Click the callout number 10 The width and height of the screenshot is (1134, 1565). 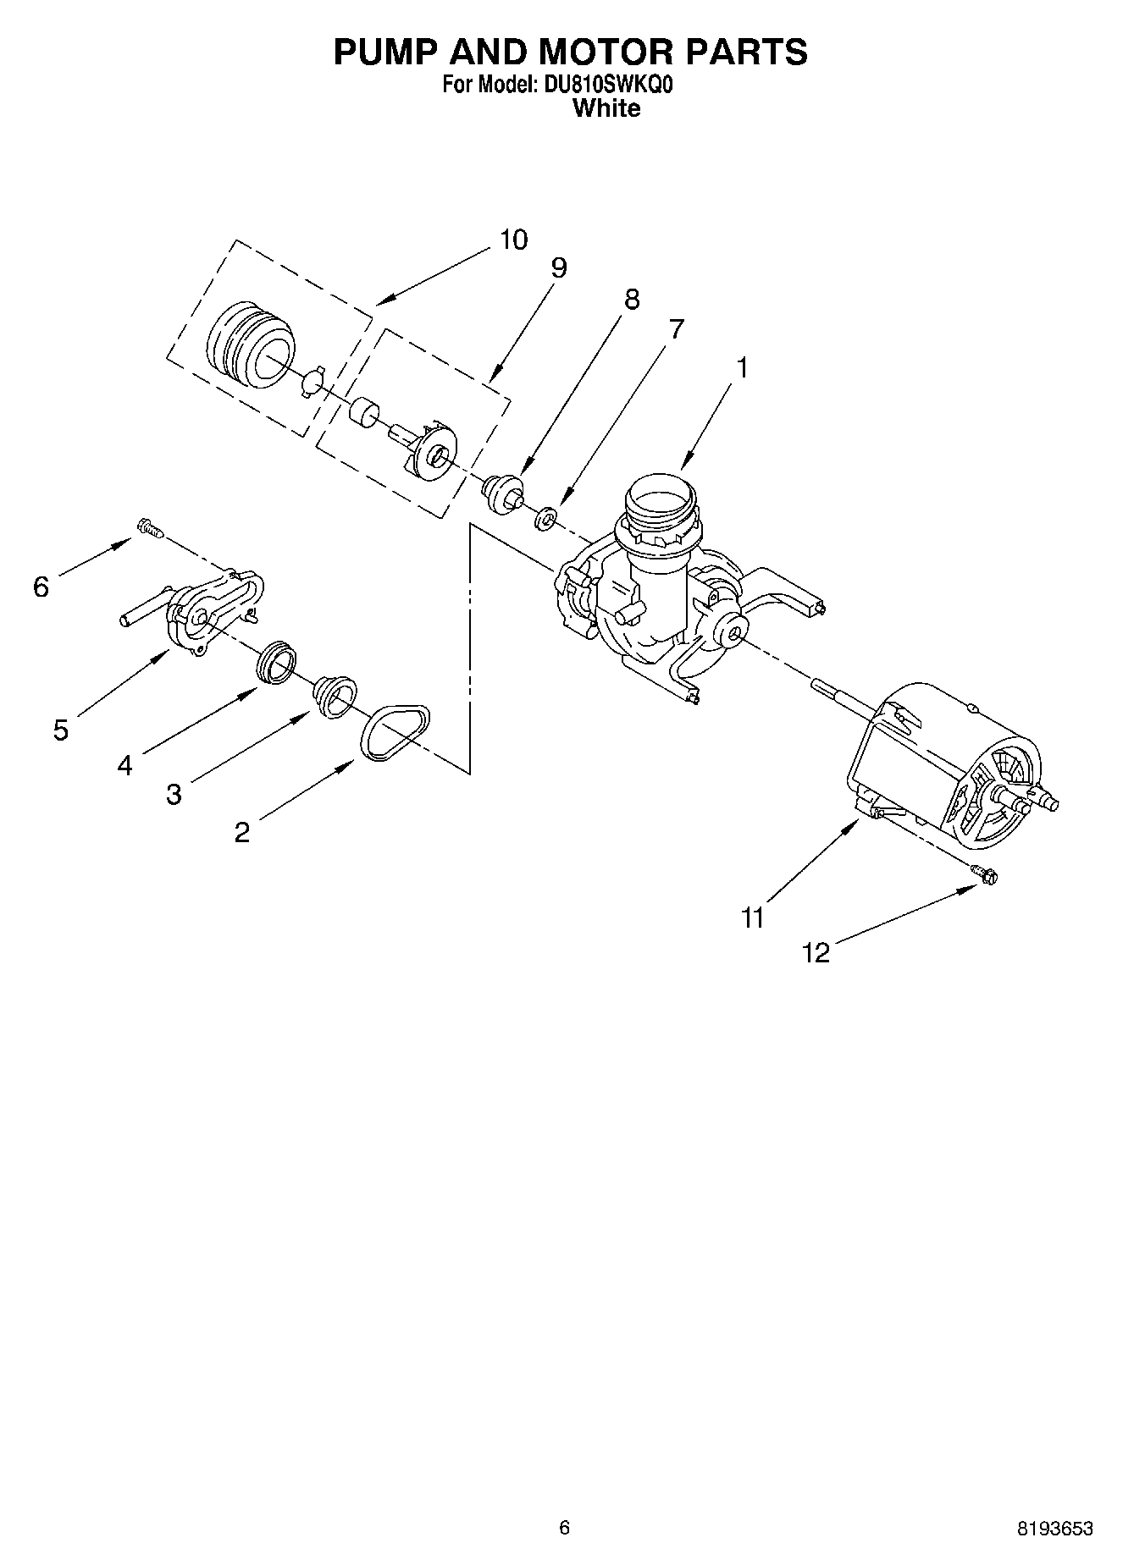coord(513,240)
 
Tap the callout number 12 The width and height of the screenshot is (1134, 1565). coord(816,954)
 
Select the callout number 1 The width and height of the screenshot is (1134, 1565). coord(742,368)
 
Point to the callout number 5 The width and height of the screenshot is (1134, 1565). coord(60,730)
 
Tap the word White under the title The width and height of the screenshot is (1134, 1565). coord(606,108)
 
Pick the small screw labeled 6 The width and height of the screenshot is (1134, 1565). coord(149,529)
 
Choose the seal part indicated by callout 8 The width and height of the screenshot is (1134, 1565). coord(503,493)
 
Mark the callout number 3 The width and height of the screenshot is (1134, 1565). coord(174,795)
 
